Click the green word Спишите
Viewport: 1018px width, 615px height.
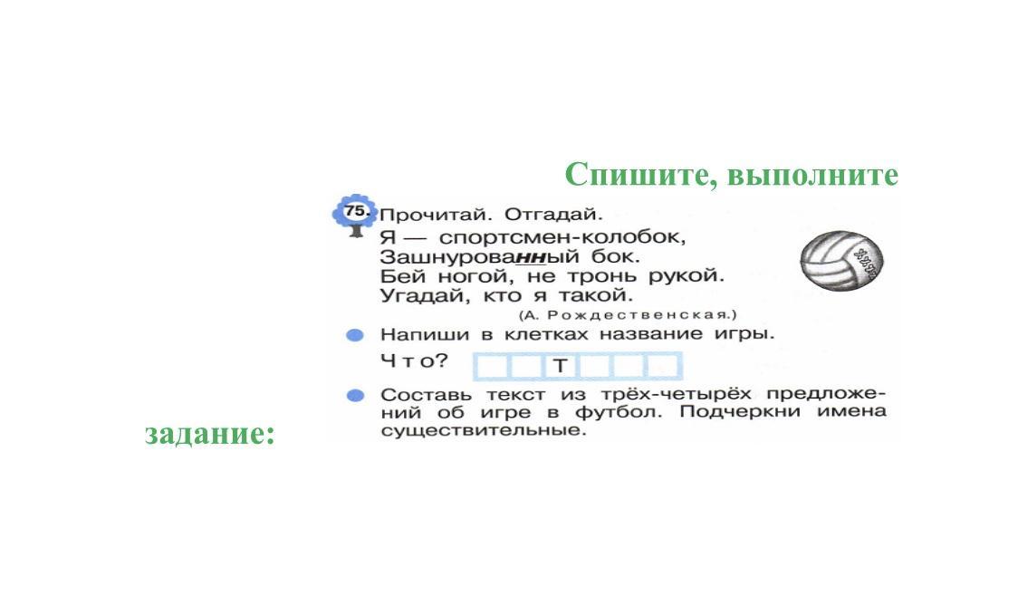pos(639,175)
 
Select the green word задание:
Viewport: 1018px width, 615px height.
pos(210,433)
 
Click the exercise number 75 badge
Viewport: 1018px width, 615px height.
pos(354,212)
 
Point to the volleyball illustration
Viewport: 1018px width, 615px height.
pos(841,261)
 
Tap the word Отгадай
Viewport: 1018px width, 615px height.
pos(553,214)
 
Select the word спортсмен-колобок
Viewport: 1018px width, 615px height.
pos(562,236)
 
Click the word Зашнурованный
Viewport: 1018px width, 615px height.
pos(479,256)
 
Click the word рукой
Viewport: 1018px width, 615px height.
pos(687,276)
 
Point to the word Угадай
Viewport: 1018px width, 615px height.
pos(424,296)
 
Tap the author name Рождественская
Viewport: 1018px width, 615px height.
pos(639,315)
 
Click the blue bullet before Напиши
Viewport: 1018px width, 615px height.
pos(354,335)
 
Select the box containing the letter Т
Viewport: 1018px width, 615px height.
pos(561,366)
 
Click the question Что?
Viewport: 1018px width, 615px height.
pos(414,360)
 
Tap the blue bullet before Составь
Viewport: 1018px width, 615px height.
pos(355,396)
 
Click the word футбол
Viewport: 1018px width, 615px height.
pos(618,412)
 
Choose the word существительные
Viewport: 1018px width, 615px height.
pos(483,430)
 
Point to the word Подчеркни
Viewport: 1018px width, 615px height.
pos(740,412)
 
